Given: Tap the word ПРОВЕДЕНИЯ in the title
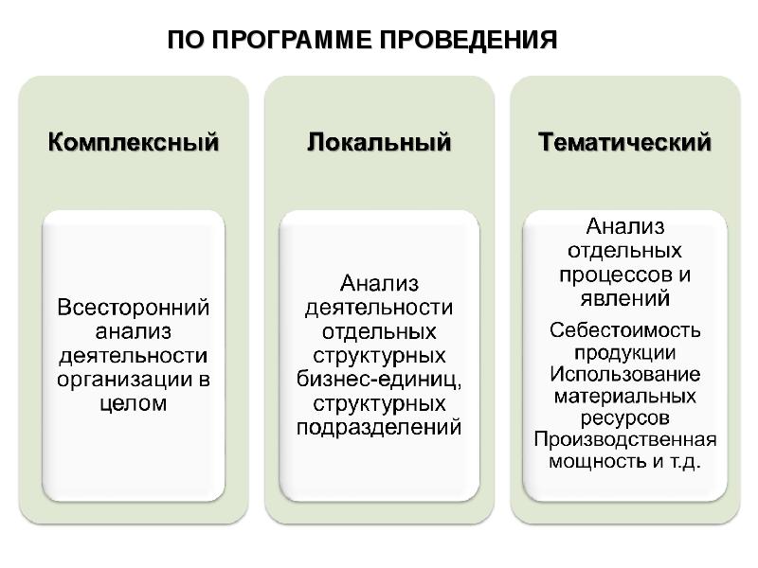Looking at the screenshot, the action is pyautogui.click(x=468, y=40).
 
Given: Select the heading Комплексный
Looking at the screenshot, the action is pyautogui.click(x=134, y=143).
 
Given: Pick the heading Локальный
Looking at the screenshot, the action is pyautogui.click(x=379, y=143).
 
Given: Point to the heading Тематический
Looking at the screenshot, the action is pyautogui.click(x=624, y=143).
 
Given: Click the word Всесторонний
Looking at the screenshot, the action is pyautogui.click(x=134, y=307).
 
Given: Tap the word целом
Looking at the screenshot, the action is pyautogui.click(x=134, y=403).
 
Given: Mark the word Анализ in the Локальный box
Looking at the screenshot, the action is pyautogui.click(x=379, y=283).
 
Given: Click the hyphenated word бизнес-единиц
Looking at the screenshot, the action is pyautogui.click(x=378, y=380).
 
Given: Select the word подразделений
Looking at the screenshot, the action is pyautogui.click(x=379, y=428).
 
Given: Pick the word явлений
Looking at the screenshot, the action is pyautogui.click(x=625, y=298).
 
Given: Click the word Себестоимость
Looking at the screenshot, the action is pyautogui.click(x=625, y=330).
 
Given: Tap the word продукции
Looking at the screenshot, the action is pyautogui.click(x=625, y=352).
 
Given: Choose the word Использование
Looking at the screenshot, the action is pyautogui.click(x=625, y=374).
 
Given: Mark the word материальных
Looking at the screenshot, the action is pyautogui.click(x=625, y=396).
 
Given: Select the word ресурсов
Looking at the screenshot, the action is pyautogui.click(x=625, y=418).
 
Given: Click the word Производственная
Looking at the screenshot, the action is pyautogui.click(x=625, y=439).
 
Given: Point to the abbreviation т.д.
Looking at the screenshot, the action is pyautogui.click(x=684, y=462).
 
